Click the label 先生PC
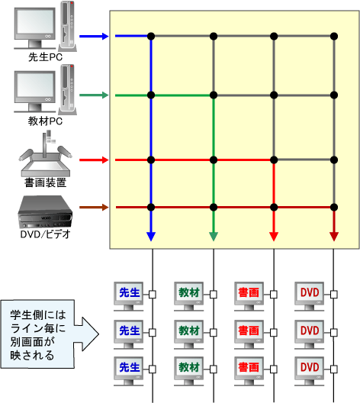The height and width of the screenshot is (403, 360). (45, 57)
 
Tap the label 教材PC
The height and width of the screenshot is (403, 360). (45, 121)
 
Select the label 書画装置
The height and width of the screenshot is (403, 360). (46, 182)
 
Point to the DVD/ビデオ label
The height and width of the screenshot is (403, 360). (46, 234)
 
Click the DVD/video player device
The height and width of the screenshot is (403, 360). (45, 212)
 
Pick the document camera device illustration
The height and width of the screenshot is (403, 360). (45, 153)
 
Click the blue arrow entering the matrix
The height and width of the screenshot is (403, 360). (94, 36)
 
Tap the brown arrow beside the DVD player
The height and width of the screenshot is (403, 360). (94, 207)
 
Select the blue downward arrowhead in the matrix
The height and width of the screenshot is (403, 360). (151, 237)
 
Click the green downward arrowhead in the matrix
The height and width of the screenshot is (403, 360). (214, 237)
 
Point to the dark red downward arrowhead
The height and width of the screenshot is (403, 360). (334, 237)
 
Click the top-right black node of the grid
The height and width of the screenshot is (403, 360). (334, 36)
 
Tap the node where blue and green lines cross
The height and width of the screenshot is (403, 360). (151, 95)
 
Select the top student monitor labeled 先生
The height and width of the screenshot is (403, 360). (129, 296)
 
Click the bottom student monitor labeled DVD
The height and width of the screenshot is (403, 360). (310, 371)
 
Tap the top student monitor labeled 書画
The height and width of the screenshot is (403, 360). (249, 296)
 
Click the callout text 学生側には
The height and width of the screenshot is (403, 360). (38, 314)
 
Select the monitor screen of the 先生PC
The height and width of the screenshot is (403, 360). (35, 23)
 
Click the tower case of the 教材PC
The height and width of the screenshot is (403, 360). (68, 90)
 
